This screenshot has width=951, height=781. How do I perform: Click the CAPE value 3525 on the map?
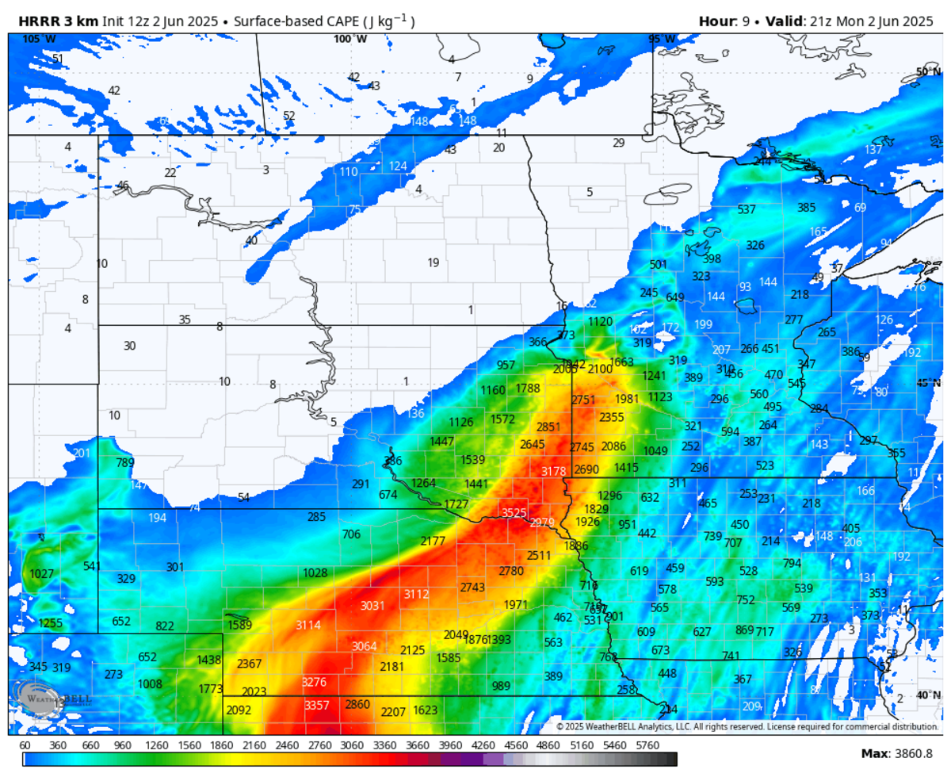[514, 513]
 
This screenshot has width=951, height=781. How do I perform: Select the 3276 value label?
[314, 682]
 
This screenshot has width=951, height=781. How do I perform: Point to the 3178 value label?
[553, 471]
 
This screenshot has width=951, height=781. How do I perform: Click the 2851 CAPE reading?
[548, 427]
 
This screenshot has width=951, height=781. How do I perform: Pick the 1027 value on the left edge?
[41, 573]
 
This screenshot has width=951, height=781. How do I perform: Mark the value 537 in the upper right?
[747, 209]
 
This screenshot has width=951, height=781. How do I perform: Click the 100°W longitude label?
[349, 39]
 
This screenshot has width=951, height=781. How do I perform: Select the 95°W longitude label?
[661, 39]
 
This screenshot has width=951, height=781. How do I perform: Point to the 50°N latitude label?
[926, 71]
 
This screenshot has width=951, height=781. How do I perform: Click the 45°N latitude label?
[926, 382]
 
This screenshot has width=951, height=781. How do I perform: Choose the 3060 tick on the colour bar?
[351, 745]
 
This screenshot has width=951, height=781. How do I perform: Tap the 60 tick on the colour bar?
[25, 745]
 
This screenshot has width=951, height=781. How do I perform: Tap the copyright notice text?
[747, 726]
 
